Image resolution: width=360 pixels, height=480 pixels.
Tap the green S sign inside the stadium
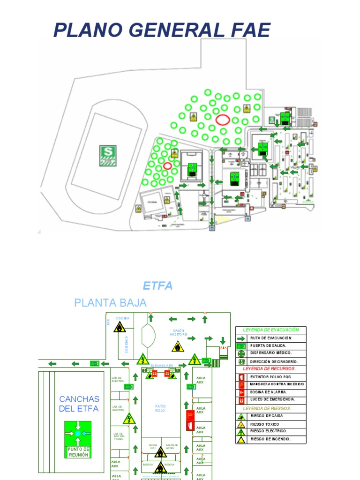pyautogui.click(x=108, y=156)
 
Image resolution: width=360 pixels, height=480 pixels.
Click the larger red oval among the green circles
pyautogui.click(x=223, y=120)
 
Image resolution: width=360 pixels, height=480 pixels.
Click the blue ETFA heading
pyautogui.click(x=157, y=286)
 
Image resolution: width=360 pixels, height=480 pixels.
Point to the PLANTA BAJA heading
pyautogui.click(x=110, y=303)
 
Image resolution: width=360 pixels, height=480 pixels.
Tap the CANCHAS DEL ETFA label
pyautogui.click(x=79, y=404)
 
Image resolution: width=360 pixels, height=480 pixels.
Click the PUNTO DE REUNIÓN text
pyautogui.click(x=78, y=452)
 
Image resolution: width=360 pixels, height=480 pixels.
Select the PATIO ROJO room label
pyautogui.click(x=160, y=408)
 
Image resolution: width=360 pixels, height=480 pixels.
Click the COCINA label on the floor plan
pyautogui.click(x=123, y=318)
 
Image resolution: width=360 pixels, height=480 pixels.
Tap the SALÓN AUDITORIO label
pyautogui.click(x=178, y=332)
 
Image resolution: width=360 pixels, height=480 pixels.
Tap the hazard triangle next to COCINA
pyautogui.click(x=120, y=327)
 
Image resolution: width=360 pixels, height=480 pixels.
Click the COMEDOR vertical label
pyautogui.click(x=127, y=345)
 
